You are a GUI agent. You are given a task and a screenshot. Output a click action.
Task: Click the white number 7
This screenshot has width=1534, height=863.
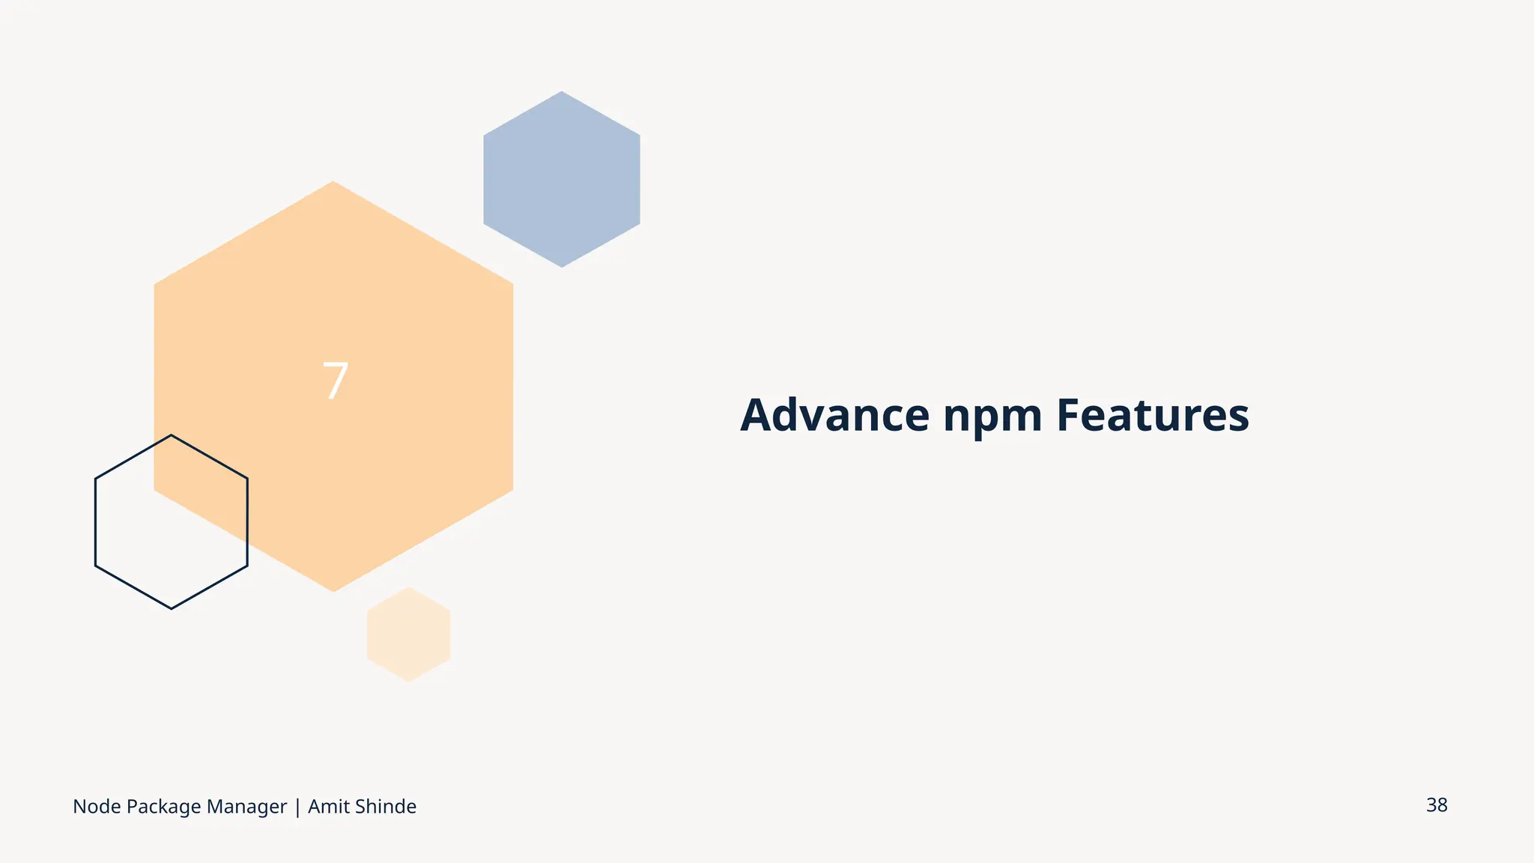tap(335, 381)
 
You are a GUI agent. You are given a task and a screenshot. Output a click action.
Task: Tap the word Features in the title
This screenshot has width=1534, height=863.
tap(1153, 415)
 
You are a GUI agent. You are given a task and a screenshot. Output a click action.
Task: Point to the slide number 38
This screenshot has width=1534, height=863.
tap(1437, 805)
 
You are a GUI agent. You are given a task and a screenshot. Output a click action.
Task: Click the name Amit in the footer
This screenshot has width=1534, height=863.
tap(324, 807)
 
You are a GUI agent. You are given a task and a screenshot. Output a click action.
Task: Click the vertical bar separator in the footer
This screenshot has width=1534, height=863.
tap(297, 808)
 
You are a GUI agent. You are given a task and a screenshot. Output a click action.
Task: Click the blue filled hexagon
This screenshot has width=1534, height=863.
tap(562, 180)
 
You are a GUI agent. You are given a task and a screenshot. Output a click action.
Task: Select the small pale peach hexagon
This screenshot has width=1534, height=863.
tap(408, 635)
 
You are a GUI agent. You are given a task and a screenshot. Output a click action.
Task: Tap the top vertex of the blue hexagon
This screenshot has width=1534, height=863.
tap(562, 92)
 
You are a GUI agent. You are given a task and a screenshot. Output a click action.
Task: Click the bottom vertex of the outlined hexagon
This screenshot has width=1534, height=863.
tap(172, 608)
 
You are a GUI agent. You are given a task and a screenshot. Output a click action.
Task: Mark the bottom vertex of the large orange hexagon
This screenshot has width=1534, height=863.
tap(333, 591)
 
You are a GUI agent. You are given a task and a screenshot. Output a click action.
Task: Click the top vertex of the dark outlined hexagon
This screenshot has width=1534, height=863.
tap(172, 435)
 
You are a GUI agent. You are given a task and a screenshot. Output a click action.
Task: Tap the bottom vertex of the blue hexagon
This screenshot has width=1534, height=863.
tap(562, 267)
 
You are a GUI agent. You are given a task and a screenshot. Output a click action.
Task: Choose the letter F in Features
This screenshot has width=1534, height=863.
tap(1068, 415)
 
